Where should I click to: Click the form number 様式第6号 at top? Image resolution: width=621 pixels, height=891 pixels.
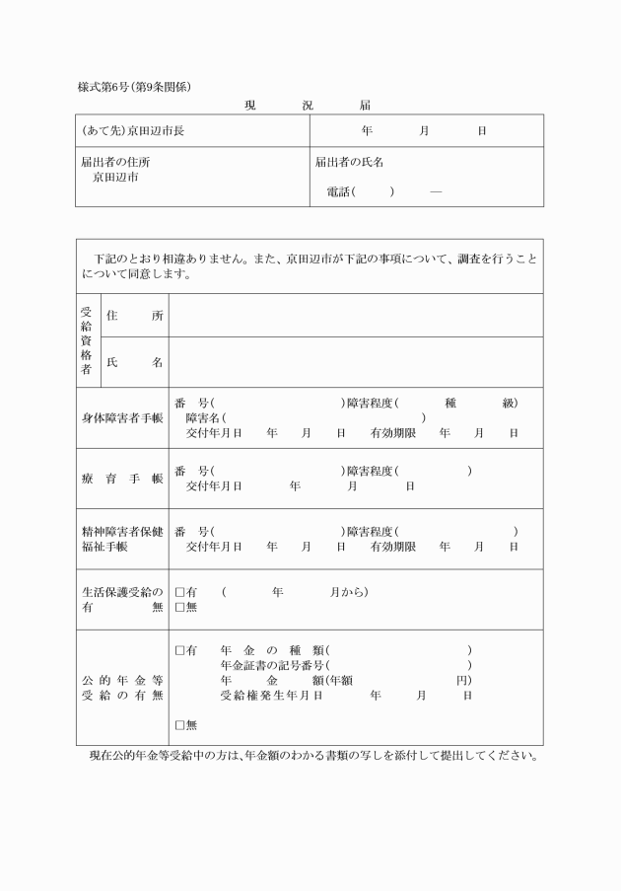point(109,87)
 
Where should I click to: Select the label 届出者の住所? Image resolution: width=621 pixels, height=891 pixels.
point(116,162)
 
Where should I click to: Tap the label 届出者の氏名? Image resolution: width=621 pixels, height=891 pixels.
point(349,162)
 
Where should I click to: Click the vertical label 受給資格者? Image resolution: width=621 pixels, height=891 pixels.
point(86,340)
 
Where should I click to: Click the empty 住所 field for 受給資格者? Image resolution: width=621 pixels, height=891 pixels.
point(355,316)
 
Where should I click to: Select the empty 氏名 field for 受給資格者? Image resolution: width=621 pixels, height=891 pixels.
point(355,362)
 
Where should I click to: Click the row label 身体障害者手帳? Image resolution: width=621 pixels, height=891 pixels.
point(122,417)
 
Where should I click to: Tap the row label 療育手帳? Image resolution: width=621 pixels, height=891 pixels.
point(122,479)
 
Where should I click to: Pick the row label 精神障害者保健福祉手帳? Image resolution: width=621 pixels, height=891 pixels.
point(122,539)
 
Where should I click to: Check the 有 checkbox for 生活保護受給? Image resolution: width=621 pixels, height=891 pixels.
point(179,593)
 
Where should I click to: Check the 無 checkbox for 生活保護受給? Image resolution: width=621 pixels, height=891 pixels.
point(179,608)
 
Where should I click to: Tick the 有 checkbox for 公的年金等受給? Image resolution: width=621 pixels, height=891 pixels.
point(179,651)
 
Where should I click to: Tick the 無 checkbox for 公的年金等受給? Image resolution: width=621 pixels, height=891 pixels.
point(179,725)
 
